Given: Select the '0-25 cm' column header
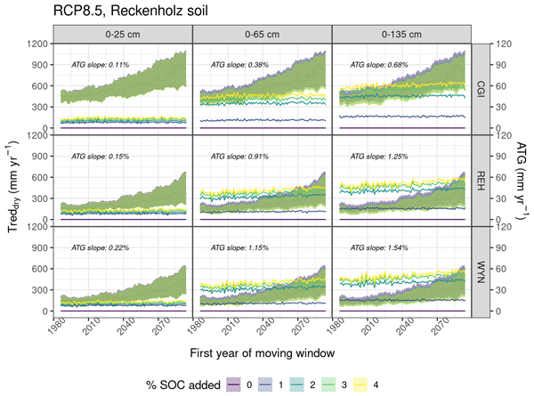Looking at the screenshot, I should click(122, 33).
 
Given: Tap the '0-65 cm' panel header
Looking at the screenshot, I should click(262, 33).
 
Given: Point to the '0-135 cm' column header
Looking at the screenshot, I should click(401, 33).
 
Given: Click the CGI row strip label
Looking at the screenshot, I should click(482, 87).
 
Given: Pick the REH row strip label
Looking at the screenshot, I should click(482, 179).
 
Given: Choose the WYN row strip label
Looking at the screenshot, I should click(482, 271).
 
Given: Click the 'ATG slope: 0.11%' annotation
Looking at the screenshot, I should click(101, 64).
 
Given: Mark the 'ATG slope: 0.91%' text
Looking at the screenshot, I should click(240, 156).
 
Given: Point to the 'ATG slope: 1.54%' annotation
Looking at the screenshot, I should click(380, 247).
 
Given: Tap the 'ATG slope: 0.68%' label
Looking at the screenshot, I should click(380, 64).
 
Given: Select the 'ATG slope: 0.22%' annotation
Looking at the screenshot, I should click(101, 247).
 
